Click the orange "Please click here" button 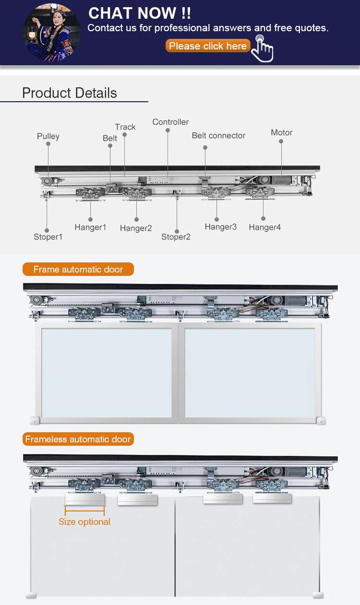click(x=208, y=46)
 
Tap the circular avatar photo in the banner click(x=52, y=32)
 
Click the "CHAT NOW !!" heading click(x=140, y=13)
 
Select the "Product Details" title click(x=70, y=93)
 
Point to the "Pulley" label click(x=48, y=136)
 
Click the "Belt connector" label click(x=218, y=135)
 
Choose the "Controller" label click(x=170, y=122)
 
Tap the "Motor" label click(x=281, y=132)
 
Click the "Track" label click(x=125, y=127)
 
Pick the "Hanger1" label click(x=90, y=227)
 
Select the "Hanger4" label click(x=264, y=227)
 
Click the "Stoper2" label click(x=176, y=237)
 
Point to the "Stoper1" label click(x=48, y=237)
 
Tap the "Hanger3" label click(x=221, y=227)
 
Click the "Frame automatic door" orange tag click(x=78, y=270)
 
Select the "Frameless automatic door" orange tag click(x=78, y=439)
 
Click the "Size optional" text click(x=84, y=522)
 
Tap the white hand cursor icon click(x=263, y=48)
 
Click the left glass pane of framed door click(x=106, y=372)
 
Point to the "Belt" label click(x=110, y=138)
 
